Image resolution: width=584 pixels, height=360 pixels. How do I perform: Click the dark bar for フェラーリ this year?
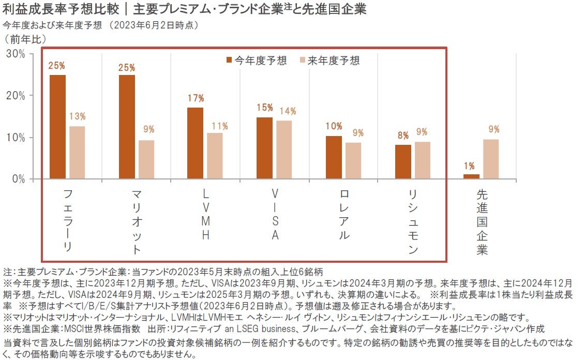coord(58,127)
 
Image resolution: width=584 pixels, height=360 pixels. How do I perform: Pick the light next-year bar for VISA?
coord(284,149)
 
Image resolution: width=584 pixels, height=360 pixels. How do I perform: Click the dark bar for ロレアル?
coord(334,157)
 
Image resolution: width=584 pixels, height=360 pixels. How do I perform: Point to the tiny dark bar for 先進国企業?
coord(471,176)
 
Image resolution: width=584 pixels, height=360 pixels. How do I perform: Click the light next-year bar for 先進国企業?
coord(491,159)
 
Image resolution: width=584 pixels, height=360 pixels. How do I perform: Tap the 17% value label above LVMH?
coord(196,98)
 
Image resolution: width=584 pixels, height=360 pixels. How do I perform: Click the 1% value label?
coord(469,166)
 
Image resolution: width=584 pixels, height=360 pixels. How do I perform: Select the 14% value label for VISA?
coord(287,111)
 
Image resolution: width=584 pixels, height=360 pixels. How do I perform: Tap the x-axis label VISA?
coord(275,214)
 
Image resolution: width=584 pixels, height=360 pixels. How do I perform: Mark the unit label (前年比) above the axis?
coord(25,38)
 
